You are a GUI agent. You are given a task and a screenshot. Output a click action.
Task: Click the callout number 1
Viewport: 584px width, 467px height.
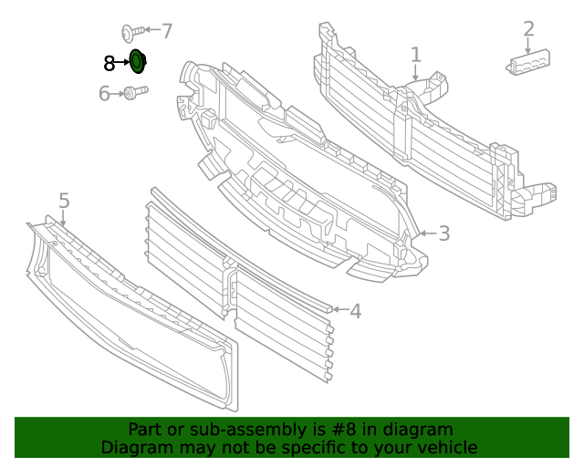(x=416, y=55)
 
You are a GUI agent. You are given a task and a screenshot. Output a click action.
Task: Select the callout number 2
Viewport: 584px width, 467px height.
(x=528, y=29)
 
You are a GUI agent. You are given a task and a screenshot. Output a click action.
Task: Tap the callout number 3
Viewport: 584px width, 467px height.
(x=444, y=233)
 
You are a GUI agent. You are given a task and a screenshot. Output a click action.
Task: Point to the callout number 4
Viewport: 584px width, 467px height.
(x=355, y=311)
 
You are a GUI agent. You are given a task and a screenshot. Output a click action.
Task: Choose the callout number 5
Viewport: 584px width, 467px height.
(x=64, y=200)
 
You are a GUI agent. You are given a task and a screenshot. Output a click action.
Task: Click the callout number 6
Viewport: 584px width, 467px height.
(x=104, y=93)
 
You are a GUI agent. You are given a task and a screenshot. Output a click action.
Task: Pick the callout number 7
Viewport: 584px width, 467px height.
(x=166, y=31)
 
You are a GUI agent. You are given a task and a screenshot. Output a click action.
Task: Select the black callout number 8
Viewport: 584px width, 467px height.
(x=109, y=63)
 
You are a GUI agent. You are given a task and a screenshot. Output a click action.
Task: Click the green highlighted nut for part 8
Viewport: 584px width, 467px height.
(x=138, y=62)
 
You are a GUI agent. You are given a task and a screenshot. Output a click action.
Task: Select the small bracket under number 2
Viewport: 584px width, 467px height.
(x=530, y=62)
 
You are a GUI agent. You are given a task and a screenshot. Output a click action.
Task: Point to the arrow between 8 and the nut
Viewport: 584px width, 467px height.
(x=122, y=63)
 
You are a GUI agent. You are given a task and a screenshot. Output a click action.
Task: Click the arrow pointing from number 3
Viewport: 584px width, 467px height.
(x=425, y=234)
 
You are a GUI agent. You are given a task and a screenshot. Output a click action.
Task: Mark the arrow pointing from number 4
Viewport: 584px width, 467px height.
(x=337, y=310)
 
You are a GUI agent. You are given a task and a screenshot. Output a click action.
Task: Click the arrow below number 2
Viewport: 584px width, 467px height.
(x=528, y=46)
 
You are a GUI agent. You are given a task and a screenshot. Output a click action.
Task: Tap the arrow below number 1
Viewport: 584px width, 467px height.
(x=416, y=73)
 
